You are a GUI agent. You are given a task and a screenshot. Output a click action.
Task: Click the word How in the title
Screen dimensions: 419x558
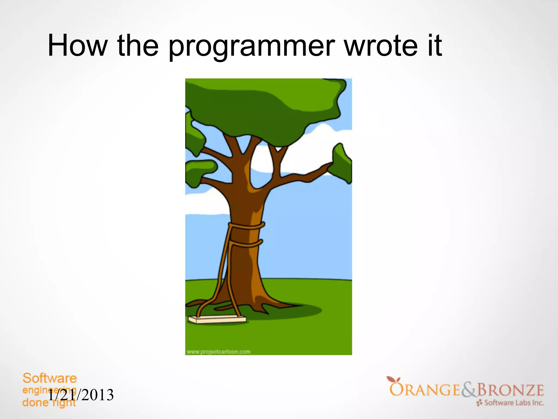pos(78,45)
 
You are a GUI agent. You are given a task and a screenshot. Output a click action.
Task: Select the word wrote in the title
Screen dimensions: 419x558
pos(381,45)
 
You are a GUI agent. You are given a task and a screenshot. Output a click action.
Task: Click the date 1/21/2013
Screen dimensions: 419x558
pos(81,395)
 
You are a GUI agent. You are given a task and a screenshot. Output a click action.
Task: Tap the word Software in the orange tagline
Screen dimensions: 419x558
pos(50,378)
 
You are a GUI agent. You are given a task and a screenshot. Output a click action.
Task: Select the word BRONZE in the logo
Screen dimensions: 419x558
pos(510,390)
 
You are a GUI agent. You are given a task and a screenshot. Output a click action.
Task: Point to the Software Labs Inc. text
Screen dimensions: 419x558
pos(514,403)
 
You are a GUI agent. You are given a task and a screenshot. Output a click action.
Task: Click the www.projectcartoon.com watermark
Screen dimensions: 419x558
pos(219,352)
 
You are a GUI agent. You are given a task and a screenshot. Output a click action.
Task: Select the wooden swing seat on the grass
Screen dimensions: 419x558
pos(217,319)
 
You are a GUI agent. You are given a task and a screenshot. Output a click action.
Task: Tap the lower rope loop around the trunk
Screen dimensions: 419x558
pos(247,244)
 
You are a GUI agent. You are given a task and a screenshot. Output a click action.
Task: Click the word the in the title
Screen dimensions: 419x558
pos(138,45)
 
